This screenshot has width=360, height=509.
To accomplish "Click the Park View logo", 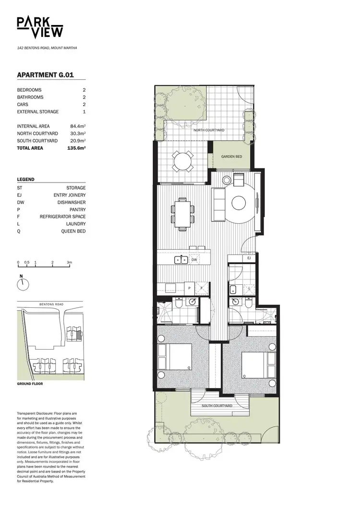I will [x=40, y=27].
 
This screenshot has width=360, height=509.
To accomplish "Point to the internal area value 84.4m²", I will [x=78, y=126].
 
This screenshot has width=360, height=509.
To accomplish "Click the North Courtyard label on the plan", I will [x=209, y=130].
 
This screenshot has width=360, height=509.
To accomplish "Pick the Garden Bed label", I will [x=231, y=157].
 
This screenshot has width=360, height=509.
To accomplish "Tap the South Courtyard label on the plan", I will [x=217, y=406].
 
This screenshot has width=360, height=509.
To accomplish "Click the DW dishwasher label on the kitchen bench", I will [x=194, y=259].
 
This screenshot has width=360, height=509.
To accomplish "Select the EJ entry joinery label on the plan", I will [x=249, y=258].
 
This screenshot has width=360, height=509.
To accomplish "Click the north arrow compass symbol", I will [x=22, y=283].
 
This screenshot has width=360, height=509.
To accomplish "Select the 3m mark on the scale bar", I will [x=70, y=263].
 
